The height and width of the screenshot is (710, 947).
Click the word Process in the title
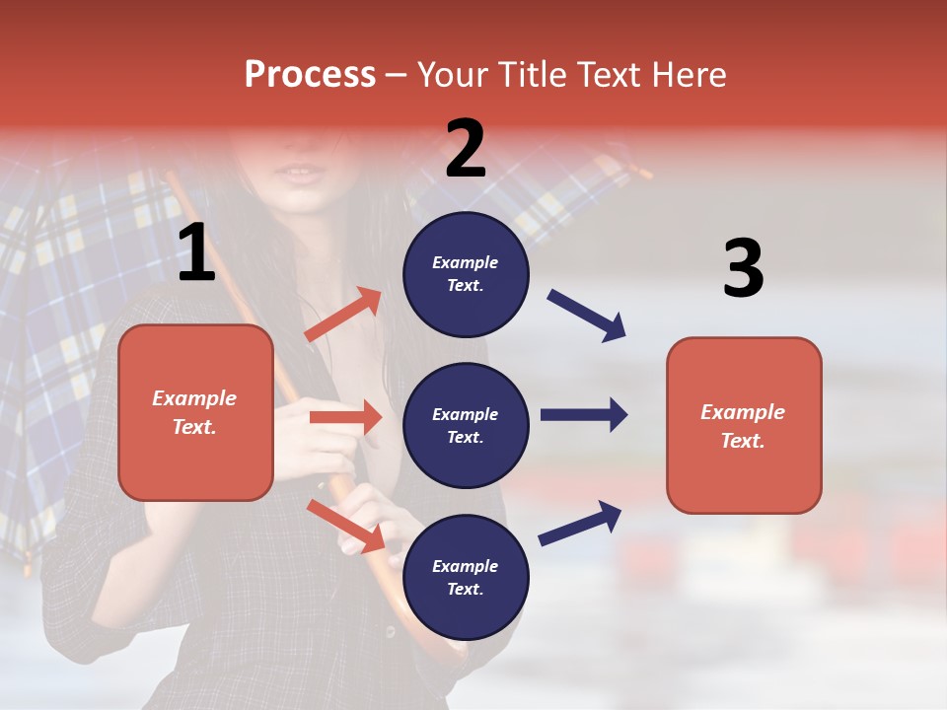(310, 74)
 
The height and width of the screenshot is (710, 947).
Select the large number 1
(196, 253)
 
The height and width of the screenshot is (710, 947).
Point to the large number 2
(466, 149)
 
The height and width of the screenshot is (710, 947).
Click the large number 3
(743, 269)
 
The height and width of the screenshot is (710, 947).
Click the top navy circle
(466, 274)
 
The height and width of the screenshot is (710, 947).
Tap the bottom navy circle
(466, 577)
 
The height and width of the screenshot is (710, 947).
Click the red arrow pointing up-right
(342, 315)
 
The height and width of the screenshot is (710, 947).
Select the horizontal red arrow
(345, 417)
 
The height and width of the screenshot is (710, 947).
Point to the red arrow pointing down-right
(345, 526)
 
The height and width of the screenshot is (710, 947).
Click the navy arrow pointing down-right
(586, 316)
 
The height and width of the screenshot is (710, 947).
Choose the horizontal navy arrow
(583, 415)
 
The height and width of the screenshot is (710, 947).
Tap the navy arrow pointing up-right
(580, 523)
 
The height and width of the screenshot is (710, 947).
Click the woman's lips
(302, 175)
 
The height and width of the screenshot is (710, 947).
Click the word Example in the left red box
(194, 398)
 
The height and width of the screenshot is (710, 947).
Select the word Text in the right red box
(742, 441)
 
